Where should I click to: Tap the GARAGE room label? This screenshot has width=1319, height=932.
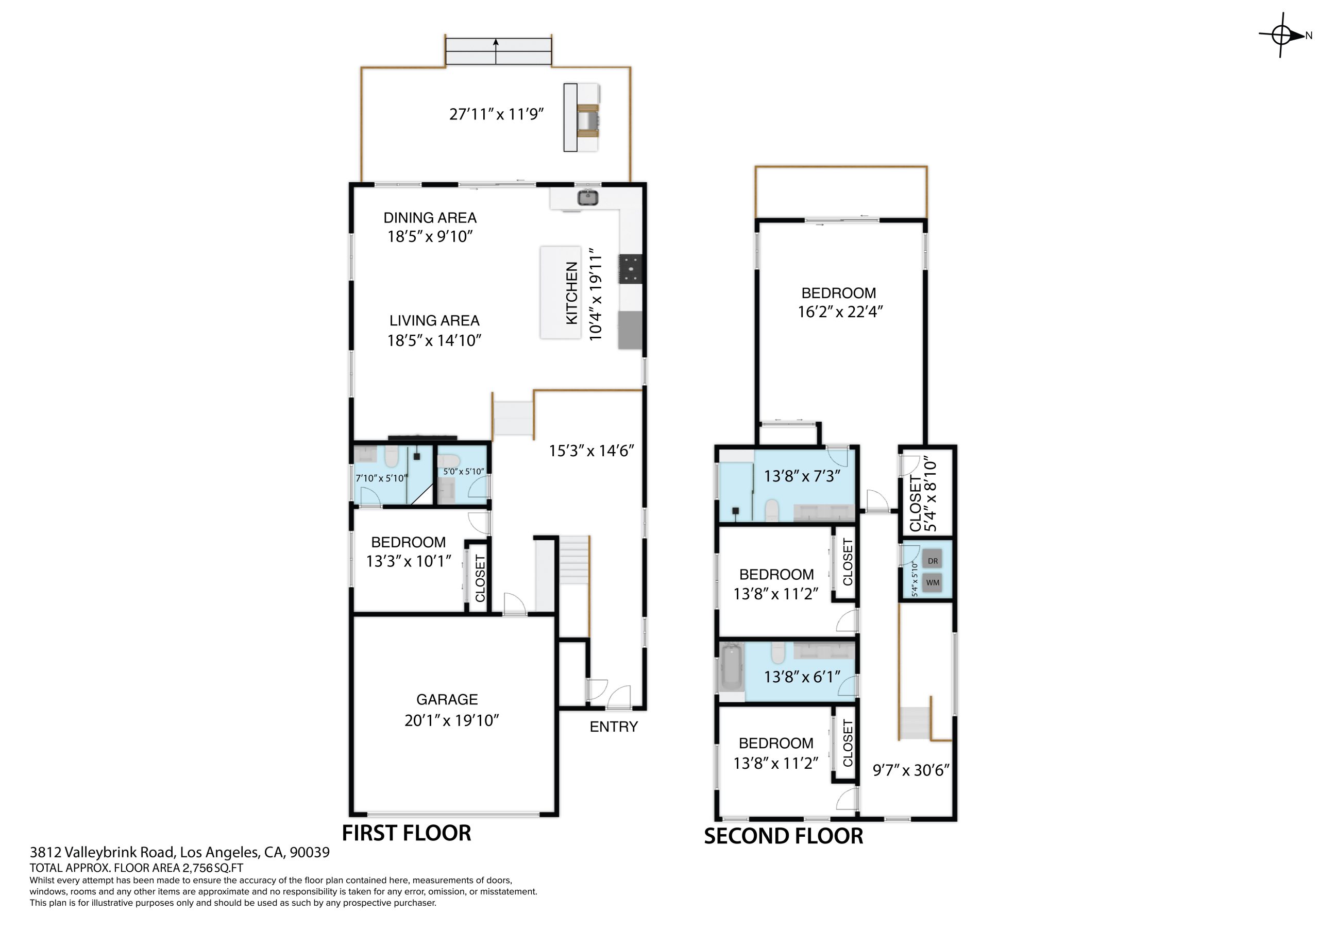point(447,699)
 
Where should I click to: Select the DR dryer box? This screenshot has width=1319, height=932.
point(933,561)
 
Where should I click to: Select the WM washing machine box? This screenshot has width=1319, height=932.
point(933,583)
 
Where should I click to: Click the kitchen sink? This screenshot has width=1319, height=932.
point(588,198)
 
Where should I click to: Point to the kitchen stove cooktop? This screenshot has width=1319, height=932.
point(630,268)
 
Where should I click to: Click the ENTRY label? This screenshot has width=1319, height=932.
point(614,727)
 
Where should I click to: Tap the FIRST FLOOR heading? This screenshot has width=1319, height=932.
point(407,833)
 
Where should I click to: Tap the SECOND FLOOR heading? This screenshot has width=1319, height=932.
point(784,836)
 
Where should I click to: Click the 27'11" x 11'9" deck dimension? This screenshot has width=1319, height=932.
point(496,114)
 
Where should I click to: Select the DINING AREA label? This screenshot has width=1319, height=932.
point(430,218)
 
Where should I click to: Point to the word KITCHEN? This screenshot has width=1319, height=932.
point(571,293)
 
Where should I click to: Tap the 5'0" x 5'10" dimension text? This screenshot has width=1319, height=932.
point(464,472)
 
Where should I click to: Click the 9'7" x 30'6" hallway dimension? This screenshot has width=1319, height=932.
point(911,770)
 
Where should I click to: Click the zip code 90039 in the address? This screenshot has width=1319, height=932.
point(310,852)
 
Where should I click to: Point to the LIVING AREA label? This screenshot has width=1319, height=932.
point(434,320)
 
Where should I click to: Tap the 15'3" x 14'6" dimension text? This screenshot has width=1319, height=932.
point(591,451)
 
